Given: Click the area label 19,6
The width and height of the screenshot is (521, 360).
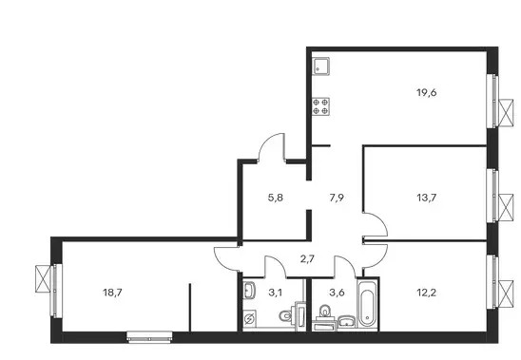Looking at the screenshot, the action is click(x=426, y=93).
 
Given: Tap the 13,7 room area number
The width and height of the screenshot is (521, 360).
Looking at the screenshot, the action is click(x=426, y=198).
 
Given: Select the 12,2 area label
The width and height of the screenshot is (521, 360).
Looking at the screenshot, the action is click(x=426, y=293).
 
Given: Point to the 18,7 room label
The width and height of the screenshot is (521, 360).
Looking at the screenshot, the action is click(x=112, y=293).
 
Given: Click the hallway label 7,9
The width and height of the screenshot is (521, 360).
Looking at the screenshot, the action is click(x=337, y=198).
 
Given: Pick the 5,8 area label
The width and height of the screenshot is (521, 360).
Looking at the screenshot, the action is click(x=276, y=198).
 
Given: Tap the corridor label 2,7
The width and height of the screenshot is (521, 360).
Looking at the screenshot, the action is click(x=307, y=258).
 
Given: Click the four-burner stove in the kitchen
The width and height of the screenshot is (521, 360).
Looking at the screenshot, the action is click(x=320, y=106).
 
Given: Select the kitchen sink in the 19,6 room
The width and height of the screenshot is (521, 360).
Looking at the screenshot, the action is click(x=320, y=66).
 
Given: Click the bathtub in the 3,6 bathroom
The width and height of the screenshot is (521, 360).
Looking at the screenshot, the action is click(x=367, y=303).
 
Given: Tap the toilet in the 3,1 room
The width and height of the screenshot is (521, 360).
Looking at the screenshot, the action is click(x=288, y=315).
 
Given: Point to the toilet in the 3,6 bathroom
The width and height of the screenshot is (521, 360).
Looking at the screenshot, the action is click(x=324, y=312).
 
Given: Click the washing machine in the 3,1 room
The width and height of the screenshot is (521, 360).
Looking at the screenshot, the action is click(x=249, y=319).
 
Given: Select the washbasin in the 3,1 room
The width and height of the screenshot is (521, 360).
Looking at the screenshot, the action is click(x=249, y=291).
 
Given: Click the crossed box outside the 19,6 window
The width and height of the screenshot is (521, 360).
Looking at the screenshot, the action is click(x=506, y=113).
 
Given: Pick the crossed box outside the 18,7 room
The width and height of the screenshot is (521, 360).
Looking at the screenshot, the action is click(x=43, y=278).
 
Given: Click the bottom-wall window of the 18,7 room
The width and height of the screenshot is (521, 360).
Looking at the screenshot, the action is click(x=149, y=337).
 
